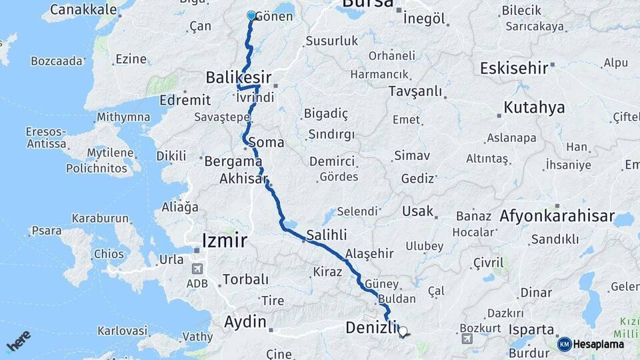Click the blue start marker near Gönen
click(x=251, y=15)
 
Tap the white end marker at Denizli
click(x=402, y=330)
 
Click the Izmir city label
click(x=225, y=240)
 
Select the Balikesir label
click(x=238, y=78)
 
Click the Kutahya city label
click(x=534, y=107)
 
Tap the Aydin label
click(x=245, y=322)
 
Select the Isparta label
click(x=531, y=329)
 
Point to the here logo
click(x=18, y=341)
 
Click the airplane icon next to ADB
click(x=197, y=269)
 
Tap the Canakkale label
click(x=83, y=9)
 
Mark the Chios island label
click(x=109, y=254)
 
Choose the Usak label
click(x=418, y=212)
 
